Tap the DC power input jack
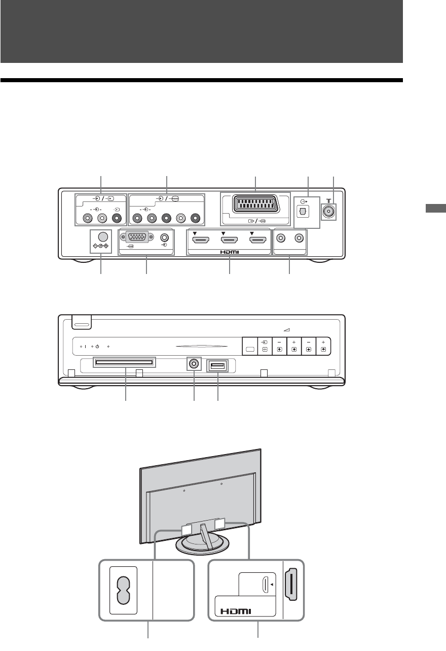[x=103, y=236]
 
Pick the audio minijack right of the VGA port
[x=164, y=237]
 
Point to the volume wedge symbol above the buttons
[x=286, y=330]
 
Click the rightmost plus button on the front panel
[x=323, y=346]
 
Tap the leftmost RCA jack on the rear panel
[x=88, y=219]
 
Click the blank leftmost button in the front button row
[x=250, y=349]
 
